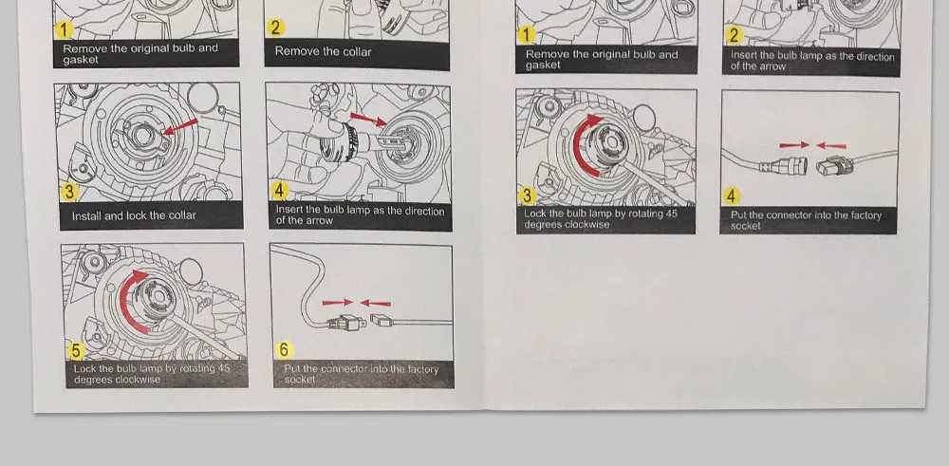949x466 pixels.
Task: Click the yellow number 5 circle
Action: pyautogui.click(x=76, y=350)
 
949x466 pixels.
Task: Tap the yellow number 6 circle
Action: pyautogui.click(x=285, y=350)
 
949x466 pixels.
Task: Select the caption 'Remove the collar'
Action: pyautogui.click(x=324, y=51)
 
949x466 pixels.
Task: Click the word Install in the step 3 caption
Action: pyautogui.click(x=87, y=215)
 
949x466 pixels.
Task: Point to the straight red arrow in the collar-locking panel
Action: pyautogui.click(x=181, y=126)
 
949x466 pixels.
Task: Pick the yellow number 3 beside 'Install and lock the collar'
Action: pyautogui.click(x=69, y=192)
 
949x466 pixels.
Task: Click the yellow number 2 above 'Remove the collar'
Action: pyautogui.click(x=275, y=28)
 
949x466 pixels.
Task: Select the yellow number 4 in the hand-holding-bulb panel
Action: pyautogui.click(x=279, y=190)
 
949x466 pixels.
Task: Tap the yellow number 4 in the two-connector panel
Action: pyautogui.click(x=732, y=196)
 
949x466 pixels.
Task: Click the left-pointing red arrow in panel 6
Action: pyautogui.click(x=376, y=303)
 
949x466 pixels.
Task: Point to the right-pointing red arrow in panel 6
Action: pyautogui.click(x=337, y=302)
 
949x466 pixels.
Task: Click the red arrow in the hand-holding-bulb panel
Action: pyautogui.click(x=368, y=120)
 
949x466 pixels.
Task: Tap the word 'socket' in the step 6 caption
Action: pyautogui.click(x=300, y=380)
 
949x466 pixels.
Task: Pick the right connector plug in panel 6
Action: pyautogui.click(x=381, y=320)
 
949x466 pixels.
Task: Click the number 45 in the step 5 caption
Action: pyautogui.click(x=223, y=368)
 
